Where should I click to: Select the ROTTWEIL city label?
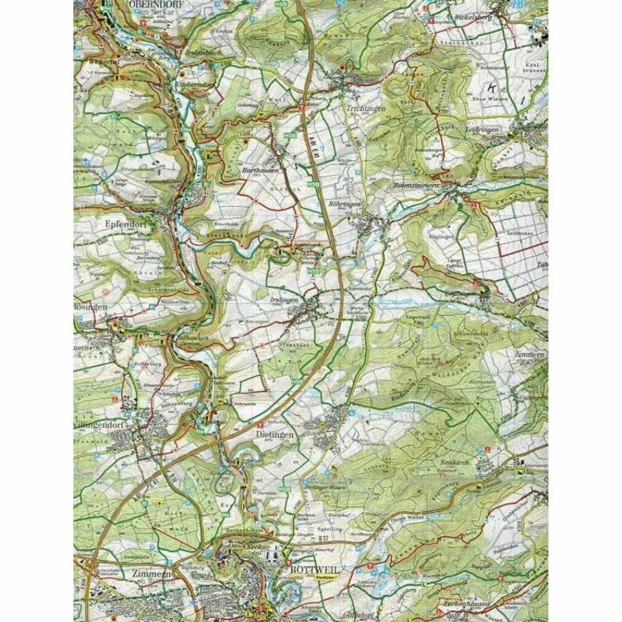click(309, 569)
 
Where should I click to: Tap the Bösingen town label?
click(91, 308)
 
